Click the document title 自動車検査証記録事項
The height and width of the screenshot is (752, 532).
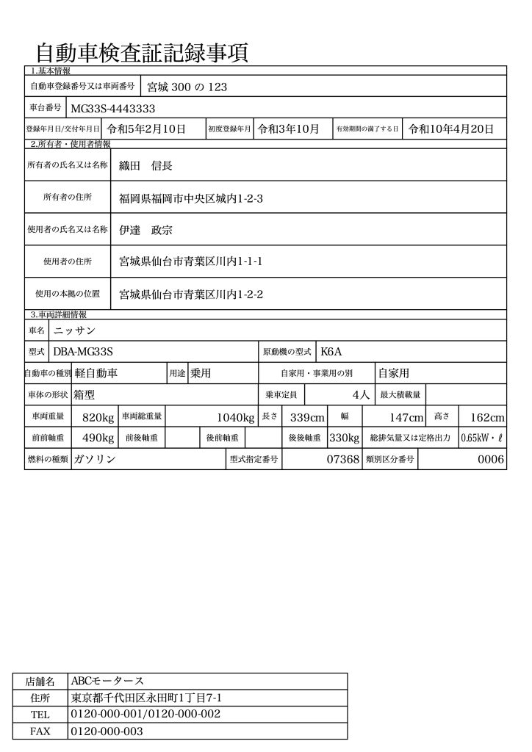(141, 53)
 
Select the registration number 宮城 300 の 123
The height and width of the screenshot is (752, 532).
(187, 87)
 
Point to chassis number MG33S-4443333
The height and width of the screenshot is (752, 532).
(112, 108)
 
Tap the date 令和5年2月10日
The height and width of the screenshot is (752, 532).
(145, 129)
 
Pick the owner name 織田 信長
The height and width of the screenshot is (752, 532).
(146, 166)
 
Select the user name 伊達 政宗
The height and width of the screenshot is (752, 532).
(146, 229)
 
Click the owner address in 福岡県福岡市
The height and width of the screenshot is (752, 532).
(190, 198)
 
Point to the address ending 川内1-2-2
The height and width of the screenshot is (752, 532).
(191, 294)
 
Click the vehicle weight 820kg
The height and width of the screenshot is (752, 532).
(98, 418)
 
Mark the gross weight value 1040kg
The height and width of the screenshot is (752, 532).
(235, 418)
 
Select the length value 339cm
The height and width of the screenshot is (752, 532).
(307, 418)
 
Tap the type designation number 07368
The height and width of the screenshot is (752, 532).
(342, 460)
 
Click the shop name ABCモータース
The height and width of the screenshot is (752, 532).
(107, 681)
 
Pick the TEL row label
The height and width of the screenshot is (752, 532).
(40, 715)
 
